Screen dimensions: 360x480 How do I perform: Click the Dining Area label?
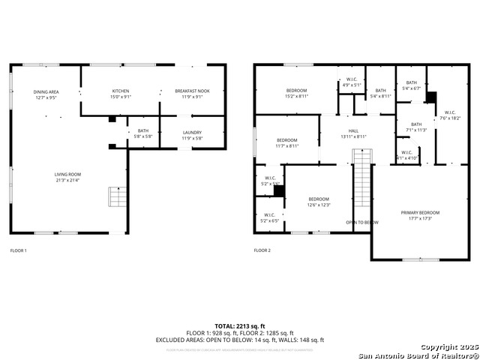(x=45, y=94)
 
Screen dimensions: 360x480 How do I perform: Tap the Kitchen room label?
(x=121, y=93)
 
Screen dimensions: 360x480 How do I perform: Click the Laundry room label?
(x=192, y=135)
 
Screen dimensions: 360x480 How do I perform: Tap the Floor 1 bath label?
(x=142, y=133)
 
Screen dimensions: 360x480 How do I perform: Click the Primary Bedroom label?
(x=419, y=215)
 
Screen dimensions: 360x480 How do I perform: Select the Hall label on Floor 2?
(x=353, y=133)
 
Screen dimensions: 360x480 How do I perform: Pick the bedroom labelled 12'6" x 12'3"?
(x=319, y=202)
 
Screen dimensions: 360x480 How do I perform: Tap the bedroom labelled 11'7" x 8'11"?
(x=287, y=142)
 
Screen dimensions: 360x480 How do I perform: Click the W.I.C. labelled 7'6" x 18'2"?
(x=450, y=115)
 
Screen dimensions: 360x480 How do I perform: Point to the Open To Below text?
(x=362, y=222)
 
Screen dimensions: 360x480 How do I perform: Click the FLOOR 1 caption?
(x=18, y=250)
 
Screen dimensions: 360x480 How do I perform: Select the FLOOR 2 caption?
(x=262, y=250)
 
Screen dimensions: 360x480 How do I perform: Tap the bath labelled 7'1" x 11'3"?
(x=416, y=127)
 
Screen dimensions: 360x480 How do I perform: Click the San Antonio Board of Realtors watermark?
(x=417, y=355)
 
